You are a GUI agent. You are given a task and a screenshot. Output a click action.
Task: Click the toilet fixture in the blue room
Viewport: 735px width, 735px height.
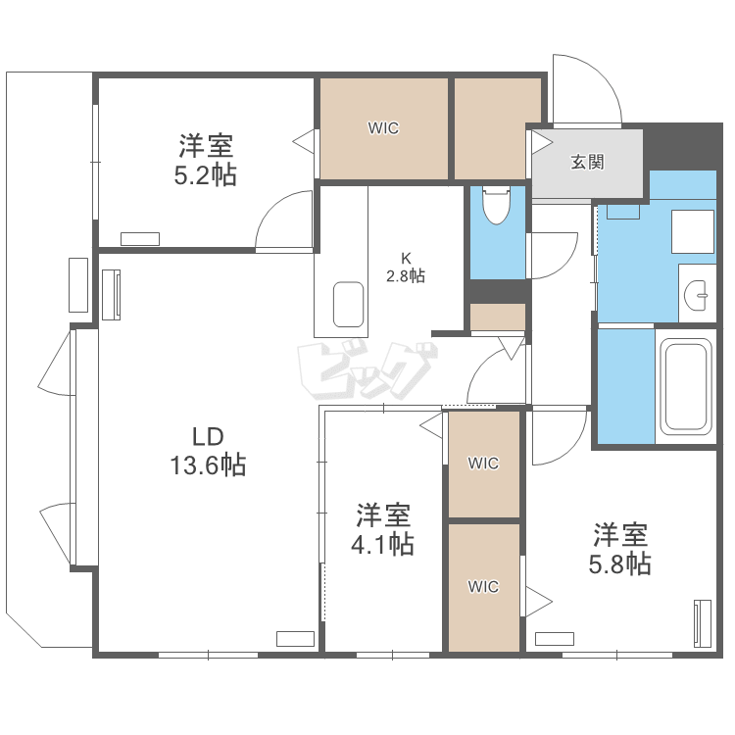[496, 206]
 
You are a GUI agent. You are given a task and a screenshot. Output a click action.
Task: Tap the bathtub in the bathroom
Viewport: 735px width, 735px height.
[685, 387]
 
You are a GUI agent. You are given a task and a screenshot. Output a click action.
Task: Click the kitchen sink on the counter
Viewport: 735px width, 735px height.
[348, 304]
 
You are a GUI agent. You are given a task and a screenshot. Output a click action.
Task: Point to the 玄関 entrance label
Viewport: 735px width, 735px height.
[587, 162]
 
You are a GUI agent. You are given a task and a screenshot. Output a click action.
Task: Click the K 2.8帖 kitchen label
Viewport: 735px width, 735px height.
[406, 268]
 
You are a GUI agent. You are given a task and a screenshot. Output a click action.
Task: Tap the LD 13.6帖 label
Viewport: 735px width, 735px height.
[208, 452]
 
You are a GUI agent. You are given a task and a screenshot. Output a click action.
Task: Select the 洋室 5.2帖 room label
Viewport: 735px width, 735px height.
[206, 161]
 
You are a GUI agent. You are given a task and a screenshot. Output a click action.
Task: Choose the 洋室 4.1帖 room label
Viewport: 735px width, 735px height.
[382, 529]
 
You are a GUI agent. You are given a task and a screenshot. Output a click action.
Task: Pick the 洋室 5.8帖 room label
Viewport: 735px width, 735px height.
[619, 549]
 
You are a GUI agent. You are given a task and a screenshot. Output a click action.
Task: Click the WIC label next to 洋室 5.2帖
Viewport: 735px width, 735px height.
[383, 128]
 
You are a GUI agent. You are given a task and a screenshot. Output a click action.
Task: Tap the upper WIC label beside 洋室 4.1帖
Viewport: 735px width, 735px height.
[483, 464]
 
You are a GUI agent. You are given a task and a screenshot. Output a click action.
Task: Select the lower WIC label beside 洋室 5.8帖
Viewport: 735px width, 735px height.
[483, 586]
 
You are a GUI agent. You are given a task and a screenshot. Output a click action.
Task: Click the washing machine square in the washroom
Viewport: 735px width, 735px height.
[693, 231]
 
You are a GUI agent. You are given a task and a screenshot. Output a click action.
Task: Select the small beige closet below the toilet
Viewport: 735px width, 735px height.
[497, 317]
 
